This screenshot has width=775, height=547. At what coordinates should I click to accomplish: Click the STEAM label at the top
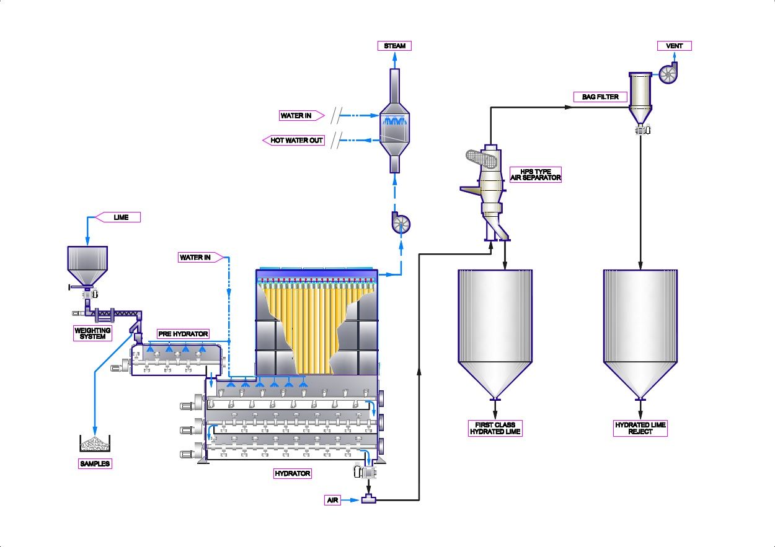click(x=394, y=46)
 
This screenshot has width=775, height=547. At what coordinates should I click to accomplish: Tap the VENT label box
click(x=674, y=46)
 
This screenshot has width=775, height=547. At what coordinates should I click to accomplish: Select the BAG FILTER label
click(x=600, y=97)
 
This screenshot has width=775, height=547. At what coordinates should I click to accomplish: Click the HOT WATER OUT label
click(x=296, y=141)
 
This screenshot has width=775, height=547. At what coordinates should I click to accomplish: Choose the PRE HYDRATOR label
click(x=182, y=334)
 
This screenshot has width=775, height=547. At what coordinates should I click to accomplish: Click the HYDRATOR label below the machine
click(x=292, y=474)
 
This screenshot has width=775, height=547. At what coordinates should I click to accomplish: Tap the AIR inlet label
click(x=333, y=500)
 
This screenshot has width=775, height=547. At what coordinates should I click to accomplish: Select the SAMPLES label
click(x=95, y=463)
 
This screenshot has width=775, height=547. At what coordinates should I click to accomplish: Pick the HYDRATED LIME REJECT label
click(x=640, y=428)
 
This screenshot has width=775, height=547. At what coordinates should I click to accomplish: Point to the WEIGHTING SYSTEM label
click(x=92, y=333)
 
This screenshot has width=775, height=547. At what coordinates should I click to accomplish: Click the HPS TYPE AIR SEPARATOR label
click(x=536, y=174)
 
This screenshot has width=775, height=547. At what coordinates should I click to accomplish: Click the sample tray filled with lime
click(x=95, y=444)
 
